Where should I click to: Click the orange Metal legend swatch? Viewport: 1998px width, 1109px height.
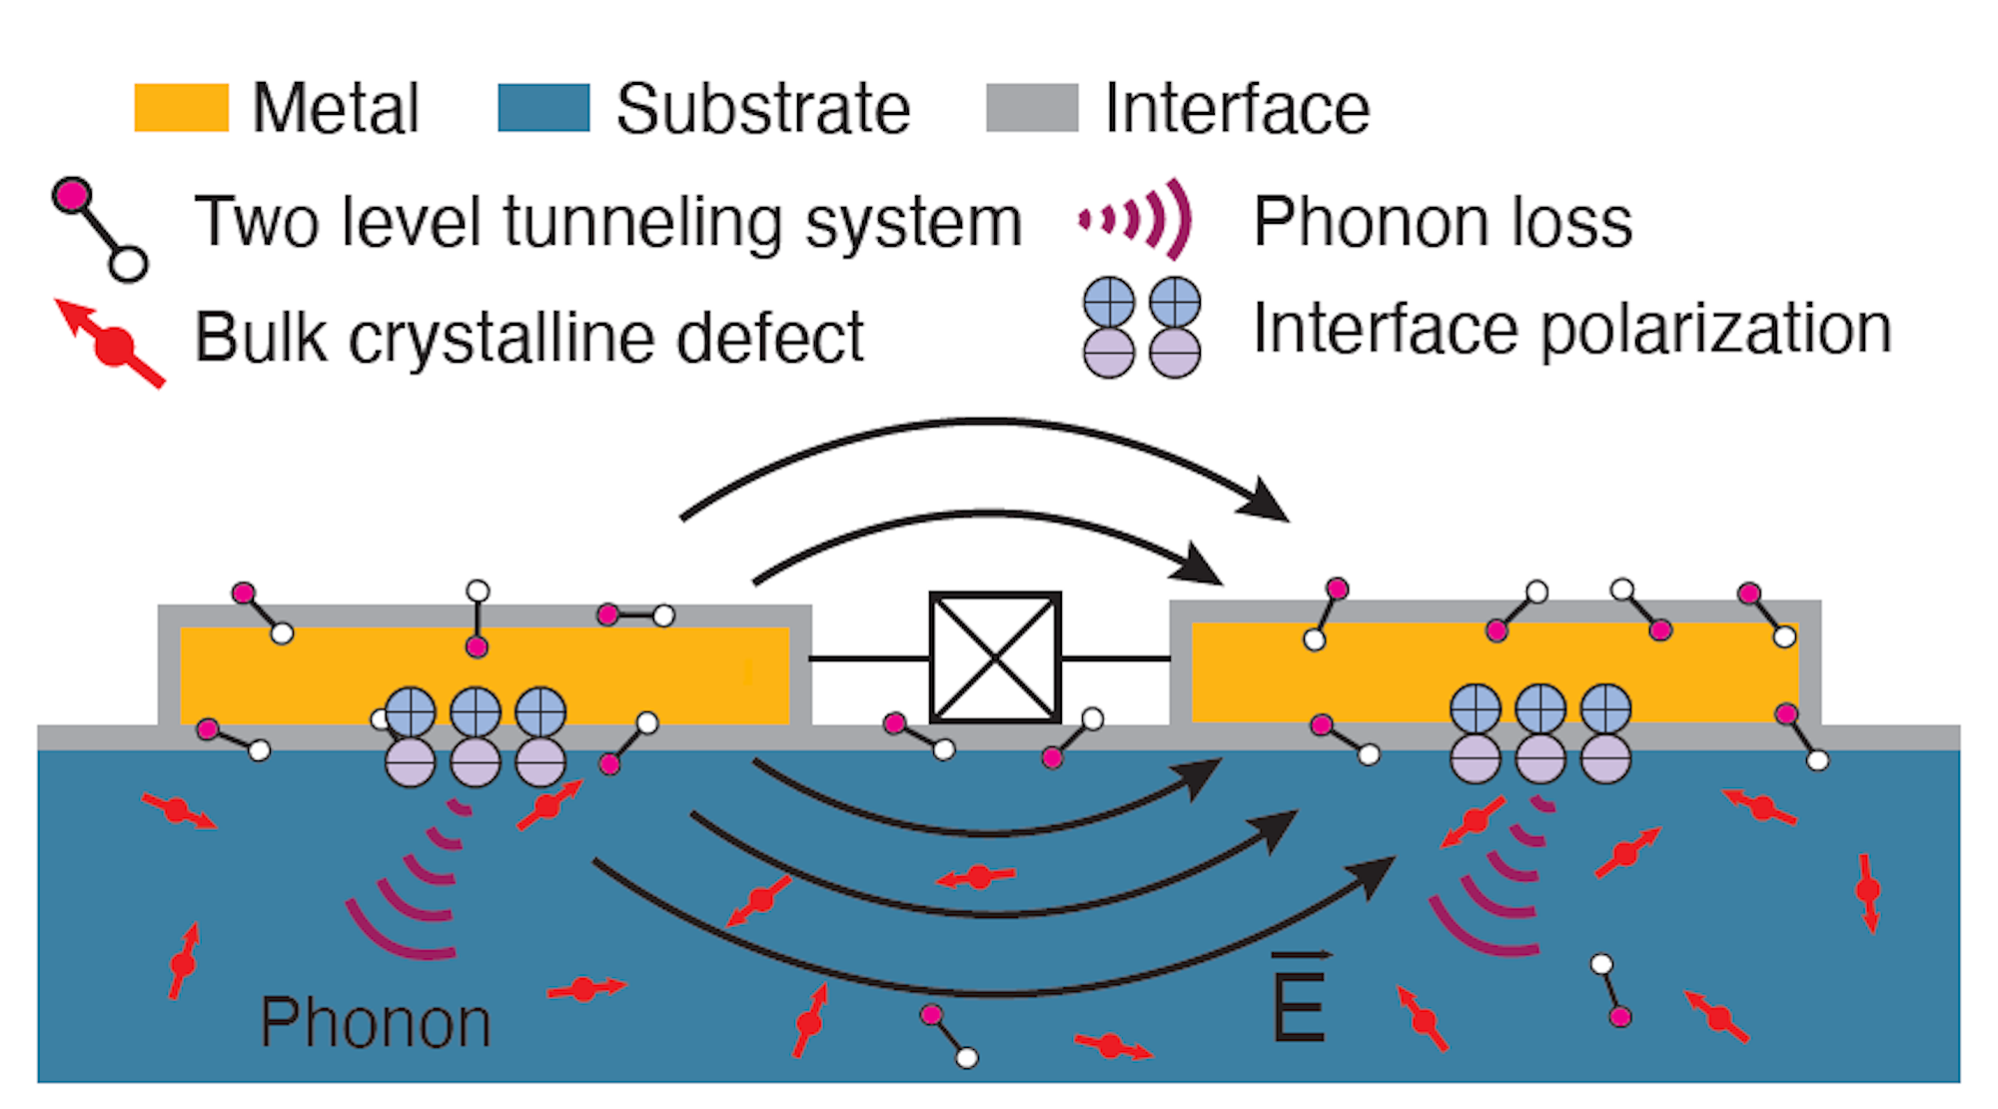181,108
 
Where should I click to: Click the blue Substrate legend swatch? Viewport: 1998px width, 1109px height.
543,108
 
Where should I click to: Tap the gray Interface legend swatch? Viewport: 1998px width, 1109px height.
1032,108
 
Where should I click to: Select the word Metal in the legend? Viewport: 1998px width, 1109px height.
336,108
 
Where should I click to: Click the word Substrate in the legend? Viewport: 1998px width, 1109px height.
763,108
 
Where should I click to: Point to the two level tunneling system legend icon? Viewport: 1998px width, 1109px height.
100,229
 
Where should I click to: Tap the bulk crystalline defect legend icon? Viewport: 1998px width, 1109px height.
111,343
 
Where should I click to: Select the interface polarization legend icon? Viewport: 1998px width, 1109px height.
1142,327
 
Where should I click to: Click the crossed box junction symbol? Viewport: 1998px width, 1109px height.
995,657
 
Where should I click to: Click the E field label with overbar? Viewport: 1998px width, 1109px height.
1299,999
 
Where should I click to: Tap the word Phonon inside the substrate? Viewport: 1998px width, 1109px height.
376,1023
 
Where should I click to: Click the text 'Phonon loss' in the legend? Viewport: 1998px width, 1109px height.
1443,221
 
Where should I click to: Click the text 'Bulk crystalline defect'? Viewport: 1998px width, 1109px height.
528,337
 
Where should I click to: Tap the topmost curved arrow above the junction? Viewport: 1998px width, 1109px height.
984,430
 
